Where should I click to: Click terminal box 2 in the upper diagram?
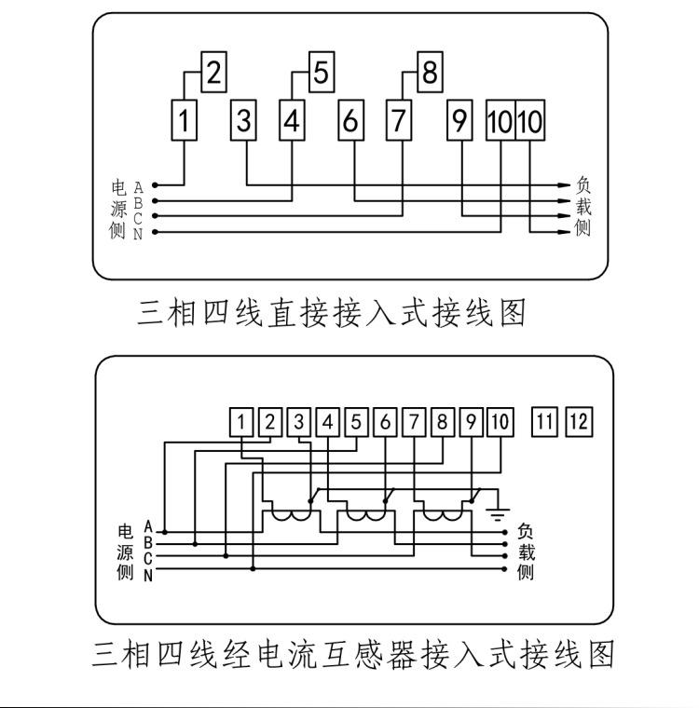click(213, 73)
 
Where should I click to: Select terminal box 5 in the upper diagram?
click(321, 73)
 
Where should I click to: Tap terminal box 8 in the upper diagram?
click(429, 73)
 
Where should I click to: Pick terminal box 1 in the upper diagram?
click(186, 120)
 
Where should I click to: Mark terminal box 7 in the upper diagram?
click(400, 120)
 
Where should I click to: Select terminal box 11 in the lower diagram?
click(544, 422)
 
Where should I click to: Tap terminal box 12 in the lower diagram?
click(579, 422)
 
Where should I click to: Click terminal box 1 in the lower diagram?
click(241, 422)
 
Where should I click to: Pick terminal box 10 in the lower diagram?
click(500, 422)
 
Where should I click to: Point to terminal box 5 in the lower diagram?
click(356, 422)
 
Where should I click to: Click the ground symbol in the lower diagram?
click(500, 511)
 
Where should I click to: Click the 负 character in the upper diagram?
click(582, 185)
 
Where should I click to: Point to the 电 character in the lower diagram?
click(125, 533)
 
